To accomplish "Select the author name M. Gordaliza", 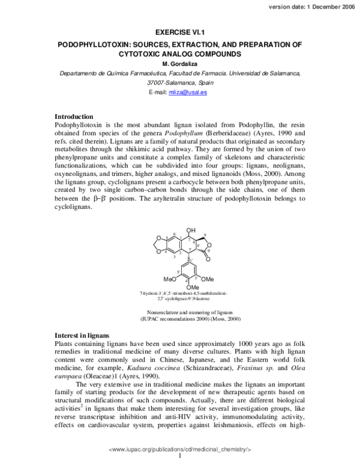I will [179, 64].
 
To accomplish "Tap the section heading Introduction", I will [74, 116].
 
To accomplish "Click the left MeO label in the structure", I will [170, 279].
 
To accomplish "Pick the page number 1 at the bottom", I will [180, 457].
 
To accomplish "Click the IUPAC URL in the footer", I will [180, 449].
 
